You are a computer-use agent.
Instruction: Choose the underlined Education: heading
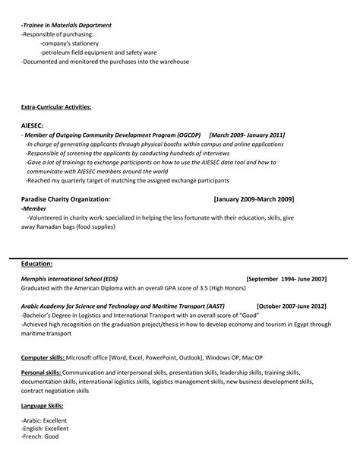36,263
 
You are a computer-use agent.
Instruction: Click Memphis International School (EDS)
69,279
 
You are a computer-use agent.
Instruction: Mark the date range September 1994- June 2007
286,279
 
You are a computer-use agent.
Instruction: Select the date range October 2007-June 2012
292,306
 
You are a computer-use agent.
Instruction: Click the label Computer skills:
43,357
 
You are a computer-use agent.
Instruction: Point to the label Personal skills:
41,373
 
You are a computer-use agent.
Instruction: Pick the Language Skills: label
43,407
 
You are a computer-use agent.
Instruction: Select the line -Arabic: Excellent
43,420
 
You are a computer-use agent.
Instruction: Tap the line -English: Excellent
44,428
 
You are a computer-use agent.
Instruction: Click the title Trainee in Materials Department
67,25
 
